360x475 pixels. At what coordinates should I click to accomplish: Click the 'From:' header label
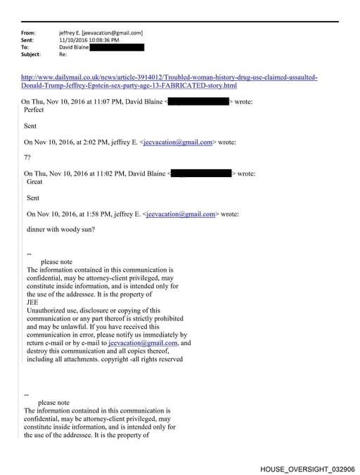pos(28,32)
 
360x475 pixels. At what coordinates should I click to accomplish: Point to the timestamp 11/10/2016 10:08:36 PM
pos(93,40)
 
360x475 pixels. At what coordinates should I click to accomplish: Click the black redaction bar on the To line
pos(117,47)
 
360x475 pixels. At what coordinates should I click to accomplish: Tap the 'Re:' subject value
pos(63,54)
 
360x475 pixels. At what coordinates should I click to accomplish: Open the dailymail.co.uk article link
pos(169,77)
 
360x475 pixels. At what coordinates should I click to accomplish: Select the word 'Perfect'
pos(34,110)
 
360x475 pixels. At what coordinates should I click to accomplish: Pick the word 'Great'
pos(34,181)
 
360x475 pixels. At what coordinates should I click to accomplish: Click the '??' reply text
pos(27,157)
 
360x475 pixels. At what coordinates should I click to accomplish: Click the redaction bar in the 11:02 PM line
pos(201,173)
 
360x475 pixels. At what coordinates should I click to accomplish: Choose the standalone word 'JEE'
pos(32,302)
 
